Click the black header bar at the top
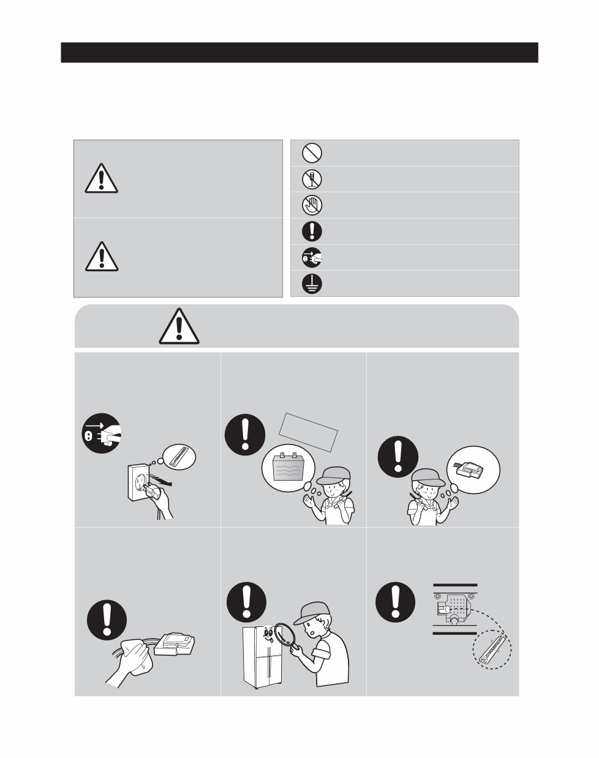click(x=299, y=53)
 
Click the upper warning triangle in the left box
click(x=101, y=178)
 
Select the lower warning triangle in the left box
click(x=101, y=257)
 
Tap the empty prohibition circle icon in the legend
click(x=312, y=152)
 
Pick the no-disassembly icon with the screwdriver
click(x=312, y=179)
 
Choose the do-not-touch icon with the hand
click(x=312, y=205)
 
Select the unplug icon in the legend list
click(x=312, y=258)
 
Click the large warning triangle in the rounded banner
click(x=178, y=326)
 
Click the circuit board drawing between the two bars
click(x=454, y=607)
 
